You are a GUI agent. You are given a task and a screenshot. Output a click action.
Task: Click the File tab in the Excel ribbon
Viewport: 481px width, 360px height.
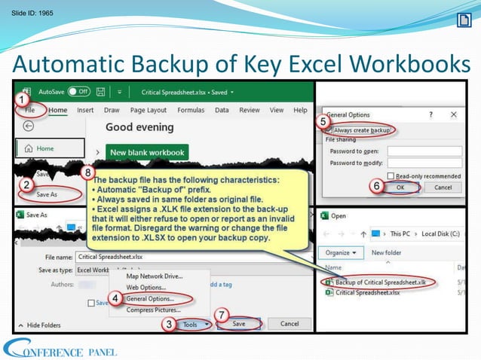[x=30, y=110]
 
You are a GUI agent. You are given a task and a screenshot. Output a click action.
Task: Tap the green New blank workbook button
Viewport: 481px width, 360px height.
[x=147, y=152]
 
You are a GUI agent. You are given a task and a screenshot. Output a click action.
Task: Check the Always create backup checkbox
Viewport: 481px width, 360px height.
[x=329, y=130]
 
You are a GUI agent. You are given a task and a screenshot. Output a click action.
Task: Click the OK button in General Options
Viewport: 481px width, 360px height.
[x=400, y=187]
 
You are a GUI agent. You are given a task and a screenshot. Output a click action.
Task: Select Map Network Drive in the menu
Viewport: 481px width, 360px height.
[x=154, y=276]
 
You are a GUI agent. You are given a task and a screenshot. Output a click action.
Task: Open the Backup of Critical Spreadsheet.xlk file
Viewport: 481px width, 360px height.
[x=376, y=281]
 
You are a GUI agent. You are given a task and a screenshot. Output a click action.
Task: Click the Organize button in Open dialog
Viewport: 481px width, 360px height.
[x=338, y=252]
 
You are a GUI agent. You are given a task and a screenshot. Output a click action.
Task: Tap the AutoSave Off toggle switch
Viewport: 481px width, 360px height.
[x=79, y=92]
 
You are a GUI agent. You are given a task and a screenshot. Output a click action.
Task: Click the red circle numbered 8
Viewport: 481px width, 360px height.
[x=88, y=172]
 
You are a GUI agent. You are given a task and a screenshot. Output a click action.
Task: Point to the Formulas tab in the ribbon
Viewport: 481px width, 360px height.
[x=190, y=110]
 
